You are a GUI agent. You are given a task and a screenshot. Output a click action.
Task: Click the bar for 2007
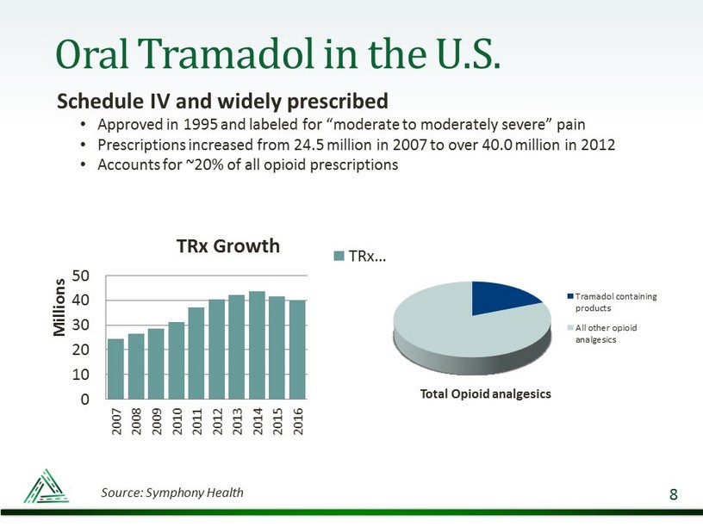click(x=115, y=369)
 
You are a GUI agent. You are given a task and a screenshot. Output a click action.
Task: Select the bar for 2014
click(x=257, y=345)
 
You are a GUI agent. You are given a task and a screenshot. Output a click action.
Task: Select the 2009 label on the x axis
click(x=156, y=423)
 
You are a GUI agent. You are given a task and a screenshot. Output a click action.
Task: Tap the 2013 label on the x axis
click(x=237, y=423)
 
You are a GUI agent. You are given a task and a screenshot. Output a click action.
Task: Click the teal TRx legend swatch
click(x=339, y=256)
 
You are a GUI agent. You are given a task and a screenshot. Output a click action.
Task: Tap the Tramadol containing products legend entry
click(x=615, y=301)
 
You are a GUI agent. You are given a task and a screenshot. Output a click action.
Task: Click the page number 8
click(x=673, y=494)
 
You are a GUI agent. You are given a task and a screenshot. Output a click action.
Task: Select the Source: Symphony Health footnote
click(x=172, y=493)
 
